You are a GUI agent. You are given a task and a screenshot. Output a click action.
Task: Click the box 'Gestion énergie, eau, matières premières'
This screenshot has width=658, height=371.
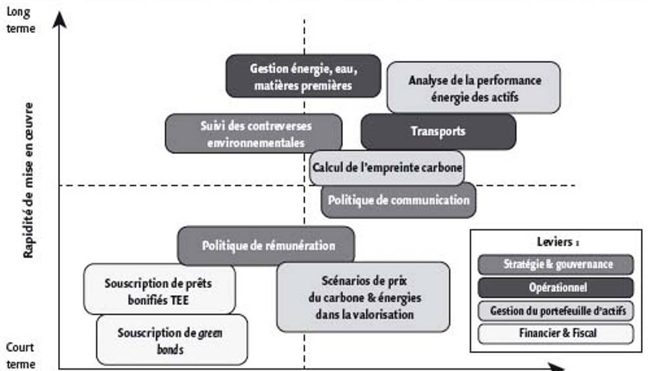pos(303,76)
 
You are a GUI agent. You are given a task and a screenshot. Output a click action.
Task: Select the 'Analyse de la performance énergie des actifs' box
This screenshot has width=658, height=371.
pos(474,88)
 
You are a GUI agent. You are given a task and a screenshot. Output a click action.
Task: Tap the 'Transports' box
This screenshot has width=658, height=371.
pos(438,131)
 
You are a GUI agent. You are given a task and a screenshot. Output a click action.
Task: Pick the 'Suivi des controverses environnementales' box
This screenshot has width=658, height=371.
pos(253,133)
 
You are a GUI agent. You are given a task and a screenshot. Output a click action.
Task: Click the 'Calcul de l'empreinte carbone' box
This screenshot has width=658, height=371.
pos(387,167)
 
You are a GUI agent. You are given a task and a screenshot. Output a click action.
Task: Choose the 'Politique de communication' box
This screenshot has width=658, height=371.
pos(398,200)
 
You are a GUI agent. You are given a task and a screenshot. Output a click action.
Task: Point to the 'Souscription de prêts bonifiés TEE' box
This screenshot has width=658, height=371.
pos(159,291)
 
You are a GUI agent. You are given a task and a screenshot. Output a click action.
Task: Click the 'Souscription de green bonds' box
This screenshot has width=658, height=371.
pos(172,340)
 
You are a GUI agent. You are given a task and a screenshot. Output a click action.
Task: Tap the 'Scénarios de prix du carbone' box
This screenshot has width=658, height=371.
pos(364,297)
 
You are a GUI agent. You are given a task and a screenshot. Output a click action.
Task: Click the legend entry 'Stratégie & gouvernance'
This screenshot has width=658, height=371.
pos(557,264)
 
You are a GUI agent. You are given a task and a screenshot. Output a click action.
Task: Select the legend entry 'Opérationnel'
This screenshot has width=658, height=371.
pos(557,287)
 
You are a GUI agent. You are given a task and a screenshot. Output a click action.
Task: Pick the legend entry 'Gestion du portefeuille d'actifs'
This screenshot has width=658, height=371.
pos(557,310)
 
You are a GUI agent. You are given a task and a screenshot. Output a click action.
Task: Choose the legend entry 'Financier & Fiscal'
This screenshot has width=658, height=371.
pos(557,333)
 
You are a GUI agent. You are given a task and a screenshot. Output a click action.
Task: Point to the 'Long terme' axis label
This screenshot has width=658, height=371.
pos(22,21)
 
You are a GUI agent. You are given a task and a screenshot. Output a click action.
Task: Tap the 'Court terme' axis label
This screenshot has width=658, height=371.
pos(22,355)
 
